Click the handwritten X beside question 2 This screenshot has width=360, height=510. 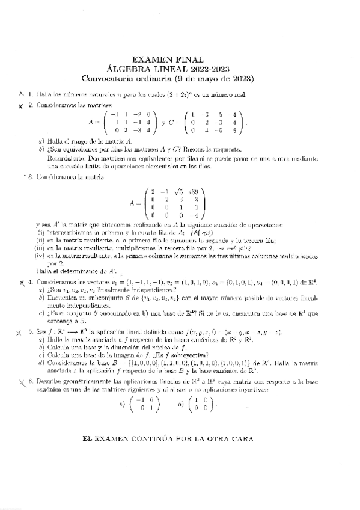tap(20, 106)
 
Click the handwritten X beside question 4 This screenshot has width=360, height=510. tap(20, 283)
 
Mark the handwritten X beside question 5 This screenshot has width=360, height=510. tap(20, 331)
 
